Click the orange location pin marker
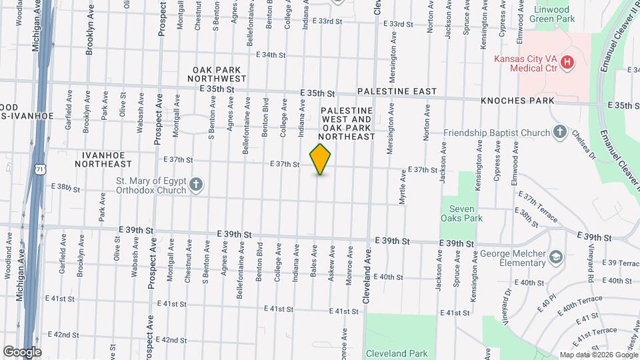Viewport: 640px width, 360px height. (321, 159)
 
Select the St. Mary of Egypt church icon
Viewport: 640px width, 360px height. (196, 185)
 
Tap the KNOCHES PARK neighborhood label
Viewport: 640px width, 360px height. (517, 101)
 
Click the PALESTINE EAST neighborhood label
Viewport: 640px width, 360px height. (397, 91)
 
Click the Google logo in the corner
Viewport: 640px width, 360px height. (22, 351)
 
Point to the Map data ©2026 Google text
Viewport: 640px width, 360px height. (598, 355)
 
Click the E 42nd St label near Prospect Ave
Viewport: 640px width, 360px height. (171, 340)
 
